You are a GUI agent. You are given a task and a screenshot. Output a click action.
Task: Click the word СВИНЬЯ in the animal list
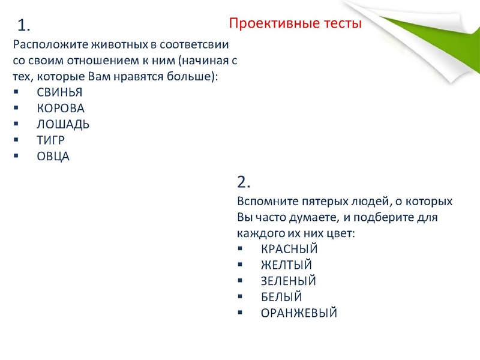[59, 92]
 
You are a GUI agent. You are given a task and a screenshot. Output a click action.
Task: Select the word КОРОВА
[61, 109]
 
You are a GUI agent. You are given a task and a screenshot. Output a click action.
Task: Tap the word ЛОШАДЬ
[63, 124]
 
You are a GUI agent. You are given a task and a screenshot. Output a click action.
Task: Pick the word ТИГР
[51, 140]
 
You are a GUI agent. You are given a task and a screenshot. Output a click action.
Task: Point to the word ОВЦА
[53, 157]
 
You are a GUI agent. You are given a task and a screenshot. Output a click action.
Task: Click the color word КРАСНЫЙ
[289, 249]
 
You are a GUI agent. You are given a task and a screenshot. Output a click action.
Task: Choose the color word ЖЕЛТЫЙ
[287, 265]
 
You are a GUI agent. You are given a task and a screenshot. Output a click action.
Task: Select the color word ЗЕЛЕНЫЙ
[289, 281]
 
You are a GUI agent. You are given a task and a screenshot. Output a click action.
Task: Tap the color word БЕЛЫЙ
[281, 297]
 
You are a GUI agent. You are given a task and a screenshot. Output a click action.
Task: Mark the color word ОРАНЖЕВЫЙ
[299, 313]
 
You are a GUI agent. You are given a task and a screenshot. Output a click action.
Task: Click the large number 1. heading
[24, 25]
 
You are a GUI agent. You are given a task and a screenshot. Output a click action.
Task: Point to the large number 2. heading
[244, 182]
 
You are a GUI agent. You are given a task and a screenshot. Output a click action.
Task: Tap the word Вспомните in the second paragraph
[265, 200]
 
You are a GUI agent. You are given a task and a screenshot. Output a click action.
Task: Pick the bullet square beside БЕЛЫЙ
[240, 297]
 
